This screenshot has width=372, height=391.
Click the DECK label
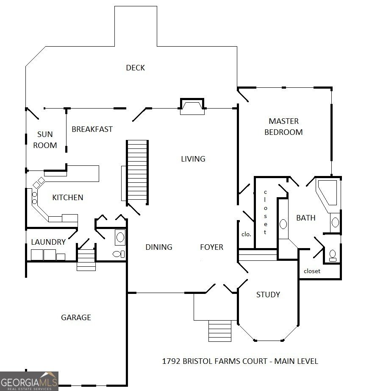pos(135,68)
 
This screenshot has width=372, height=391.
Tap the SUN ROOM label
pos(45,140)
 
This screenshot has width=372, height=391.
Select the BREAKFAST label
pos(92,129)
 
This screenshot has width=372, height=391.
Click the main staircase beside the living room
pos(137,171)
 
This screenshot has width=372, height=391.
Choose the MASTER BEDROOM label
pos(283,127)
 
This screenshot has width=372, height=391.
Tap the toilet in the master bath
pos(333,255)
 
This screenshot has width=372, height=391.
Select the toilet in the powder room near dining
pos(118,254)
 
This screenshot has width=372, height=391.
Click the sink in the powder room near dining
pos(120,237)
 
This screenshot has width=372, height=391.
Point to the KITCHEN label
pos(68,197)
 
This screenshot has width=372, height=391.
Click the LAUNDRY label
pos(48,242)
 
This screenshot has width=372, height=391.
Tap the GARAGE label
pos(76,317)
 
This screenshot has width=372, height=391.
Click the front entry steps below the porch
pos(220,331)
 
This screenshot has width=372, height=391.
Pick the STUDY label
pos(268,294)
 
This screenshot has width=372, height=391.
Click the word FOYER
pos(211,247)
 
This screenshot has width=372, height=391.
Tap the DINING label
pos(159,247)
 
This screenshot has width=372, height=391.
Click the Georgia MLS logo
pos(29,380)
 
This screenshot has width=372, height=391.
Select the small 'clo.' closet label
pos(246,234)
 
